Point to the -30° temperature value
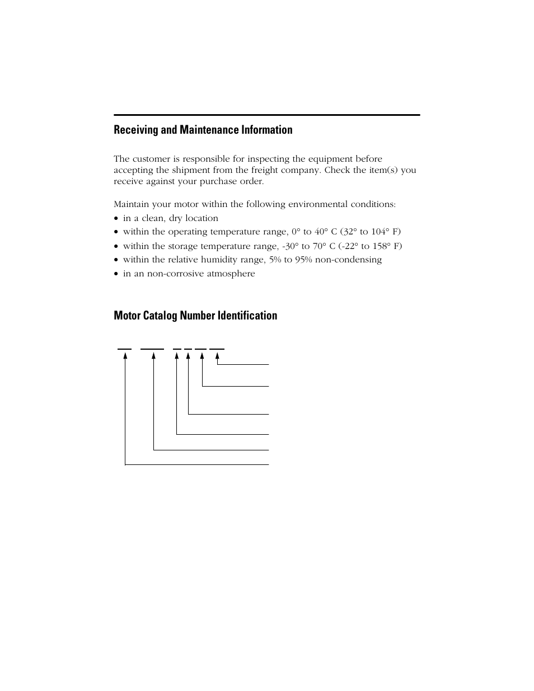pos(291,246)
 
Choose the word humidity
pos(218,260)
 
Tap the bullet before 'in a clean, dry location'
pos(116,219)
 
